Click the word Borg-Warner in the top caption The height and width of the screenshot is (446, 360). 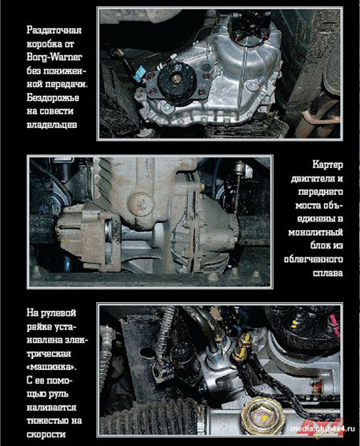coord(54,58)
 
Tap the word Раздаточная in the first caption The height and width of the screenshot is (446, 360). coord(54,30)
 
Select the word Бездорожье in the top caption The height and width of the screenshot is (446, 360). coord(53,98)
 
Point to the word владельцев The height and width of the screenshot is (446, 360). coord(52,125)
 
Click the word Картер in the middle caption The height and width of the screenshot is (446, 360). coord(327,165)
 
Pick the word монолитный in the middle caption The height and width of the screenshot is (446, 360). coord(315,233)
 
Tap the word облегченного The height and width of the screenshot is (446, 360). coord(314,260)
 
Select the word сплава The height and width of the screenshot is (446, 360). coord(328,273)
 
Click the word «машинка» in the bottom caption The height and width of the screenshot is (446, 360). coord(52,367)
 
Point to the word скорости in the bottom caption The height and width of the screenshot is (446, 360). coord(46,434)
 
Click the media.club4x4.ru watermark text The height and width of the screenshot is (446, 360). coord(322,428)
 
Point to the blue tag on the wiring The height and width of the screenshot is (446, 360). coord(141,73)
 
